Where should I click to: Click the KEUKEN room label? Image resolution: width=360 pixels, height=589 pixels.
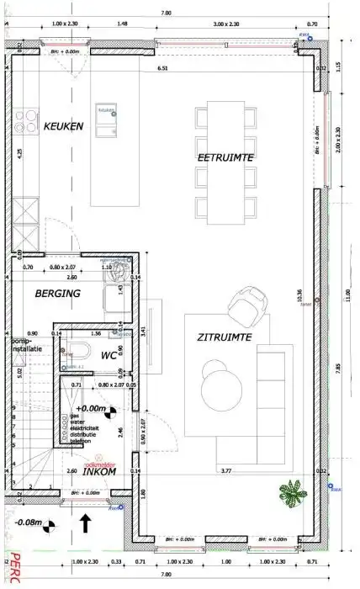(63, 126)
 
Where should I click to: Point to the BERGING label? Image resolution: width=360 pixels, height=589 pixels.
(57, 294)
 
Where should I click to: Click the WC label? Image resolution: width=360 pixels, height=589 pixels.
(108, 355)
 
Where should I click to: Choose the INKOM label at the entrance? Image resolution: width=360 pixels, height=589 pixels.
(98, 471)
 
